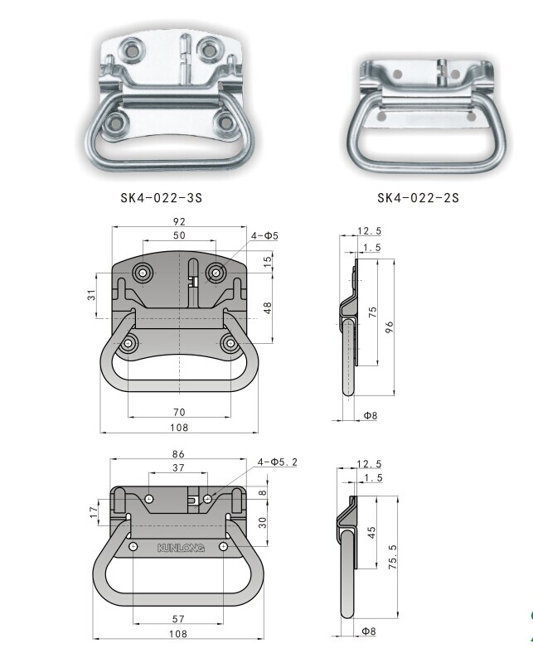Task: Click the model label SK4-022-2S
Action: (418, 198)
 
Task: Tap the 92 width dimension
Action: (179, 222)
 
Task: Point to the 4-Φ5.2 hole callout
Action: (277, 462)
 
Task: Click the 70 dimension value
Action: (179, 412)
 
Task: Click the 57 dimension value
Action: (177, 619)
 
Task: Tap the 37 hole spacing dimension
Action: (179, 468)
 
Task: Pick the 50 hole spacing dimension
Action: (179, 236)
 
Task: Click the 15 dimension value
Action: (268, 261)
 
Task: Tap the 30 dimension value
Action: (262, 521)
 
